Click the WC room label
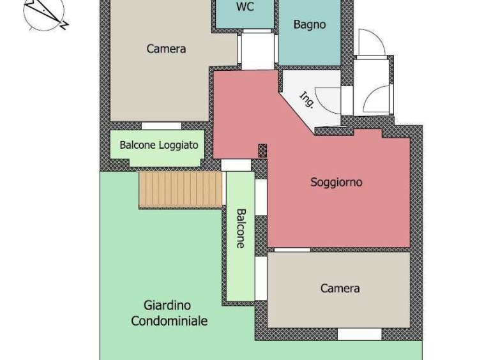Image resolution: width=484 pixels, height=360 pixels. click(245, 7)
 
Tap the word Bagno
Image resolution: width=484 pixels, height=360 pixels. click(310, 25)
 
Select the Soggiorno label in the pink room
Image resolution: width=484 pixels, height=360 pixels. click(336, 182)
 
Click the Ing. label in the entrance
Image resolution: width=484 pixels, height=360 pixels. click(307, 100)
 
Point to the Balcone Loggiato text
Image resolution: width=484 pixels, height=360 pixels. click(159, 145)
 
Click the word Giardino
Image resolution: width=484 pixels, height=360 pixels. click(167, 305)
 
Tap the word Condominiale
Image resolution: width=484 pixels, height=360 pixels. click(169, 321)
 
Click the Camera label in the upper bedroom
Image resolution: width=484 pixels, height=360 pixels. click(166, 49)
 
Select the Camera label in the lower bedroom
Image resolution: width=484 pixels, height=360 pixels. click(340, 289)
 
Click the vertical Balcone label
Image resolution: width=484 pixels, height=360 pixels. click(241, 229)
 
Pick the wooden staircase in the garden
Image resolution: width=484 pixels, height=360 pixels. click(181, 189)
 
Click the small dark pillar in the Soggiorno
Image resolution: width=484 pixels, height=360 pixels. click(262, 151)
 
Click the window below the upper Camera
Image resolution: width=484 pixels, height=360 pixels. click(162, 126)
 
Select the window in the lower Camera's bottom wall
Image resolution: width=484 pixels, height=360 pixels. click(359, 334)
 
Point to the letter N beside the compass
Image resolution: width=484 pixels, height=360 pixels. click(64, 26)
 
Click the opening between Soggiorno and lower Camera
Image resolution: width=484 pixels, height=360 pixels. click(292, 250)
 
